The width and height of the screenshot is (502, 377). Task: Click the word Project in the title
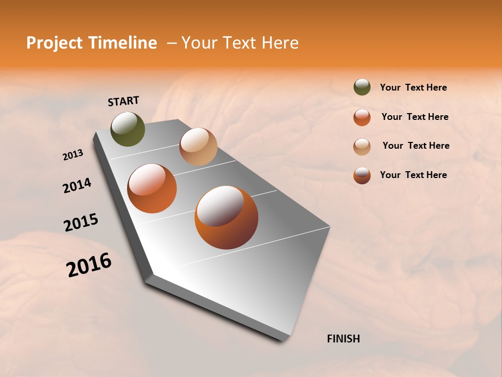pos(54,43)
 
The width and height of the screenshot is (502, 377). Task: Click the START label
pos(123,101)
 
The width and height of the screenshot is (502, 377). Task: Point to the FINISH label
pos(343,339)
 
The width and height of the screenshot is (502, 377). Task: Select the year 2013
pos(73,155)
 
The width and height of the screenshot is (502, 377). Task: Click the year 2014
pos(77,185)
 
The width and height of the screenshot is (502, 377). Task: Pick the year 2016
pos(89,265)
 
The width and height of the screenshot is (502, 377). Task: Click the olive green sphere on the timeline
pos(128,129)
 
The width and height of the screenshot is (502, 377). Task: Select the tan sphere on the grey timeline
pos(198,147)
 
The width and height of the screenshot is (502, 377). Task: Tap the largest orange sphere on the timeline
pos(226,217)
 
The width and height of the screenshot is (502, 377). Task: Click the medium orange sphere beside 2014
pos(152,188)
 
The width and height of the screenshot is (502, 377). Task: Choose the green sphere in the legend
pos(362,87)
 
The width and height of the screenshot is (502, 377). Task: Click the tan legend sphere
pos(362,146)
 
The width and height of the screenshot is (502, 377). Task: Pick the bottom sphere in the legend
pos(362,175)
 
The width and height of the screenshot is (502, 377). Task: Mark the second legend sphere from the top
pos(362,117)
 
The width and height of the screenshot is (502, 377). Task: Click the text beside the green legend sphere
pos(413,88)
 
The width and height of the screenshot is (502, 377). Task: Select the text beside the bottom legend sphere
pos(413,175)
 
